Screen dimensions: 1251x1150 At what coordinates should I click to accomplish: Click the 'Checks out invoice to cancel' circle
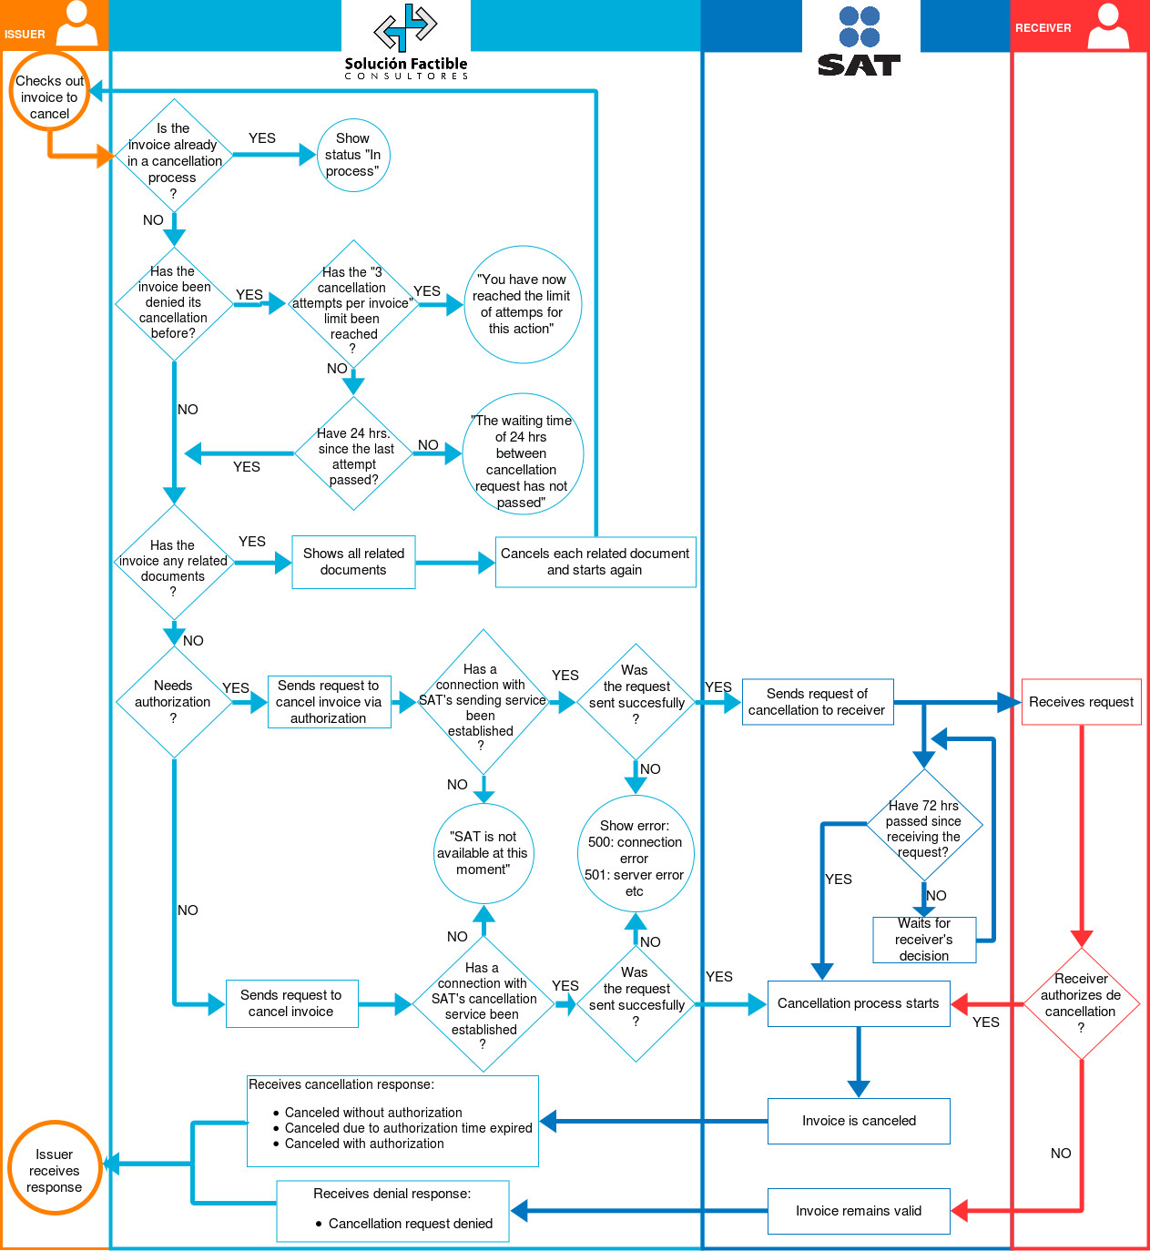click(x=49, y=92)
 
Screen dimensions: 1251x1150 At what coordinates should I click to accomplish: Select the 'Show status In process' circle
click(x=353, y=155)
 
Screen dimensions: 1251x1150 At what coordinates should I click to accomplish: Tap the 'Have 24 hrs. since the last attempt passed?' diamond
click(x=354, y=453)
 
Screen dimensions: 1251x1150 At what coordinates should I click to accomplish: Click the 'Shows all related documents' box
click(x=353, y=562)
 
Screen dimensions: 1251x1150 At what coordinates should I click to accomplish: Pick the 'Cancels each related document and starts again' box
click(x=595, y=562)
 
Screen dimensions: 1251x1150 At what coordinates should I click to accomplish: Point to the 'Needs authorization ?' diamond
click(x=173, y=702)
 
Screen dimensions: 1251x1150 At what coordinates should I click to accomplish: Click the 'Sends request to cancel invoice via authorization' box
click(x=329, y=702)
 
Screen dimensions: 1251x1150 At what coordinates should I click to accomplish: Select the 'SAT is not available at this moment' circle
click(x=483, y=853)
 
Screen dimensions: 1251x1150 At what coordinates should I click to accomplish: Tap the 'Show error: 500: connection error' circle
click(x=636, y=854)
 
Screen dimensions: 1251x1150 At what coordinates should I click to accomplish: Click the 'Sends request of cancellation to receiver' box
click(x=817, y=702)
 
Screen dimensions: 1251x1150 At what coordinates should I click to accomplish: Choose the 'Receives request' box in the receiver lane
click(x=1081, y=702)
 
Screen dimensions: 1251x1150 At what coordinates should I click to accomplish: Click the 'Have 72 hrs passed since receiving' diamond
click(x=923, y=827)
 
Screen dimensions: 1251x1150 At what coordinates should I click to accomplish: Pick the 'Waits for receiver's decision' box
click(x=924, y=940)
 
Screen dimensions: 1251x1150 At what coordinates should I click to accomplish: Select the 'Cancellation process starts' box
click(x=859, y=1003)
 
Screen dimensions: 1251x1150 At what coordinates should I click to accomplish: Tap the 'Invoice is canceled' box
click(x=859, y=1121)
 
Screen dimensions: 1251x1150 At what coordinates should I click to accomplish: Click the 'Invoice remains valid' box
click(x=859, y=1211)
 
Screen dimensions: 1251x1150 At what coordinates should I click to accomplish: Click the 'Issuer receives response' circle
click(x=55, y=1168)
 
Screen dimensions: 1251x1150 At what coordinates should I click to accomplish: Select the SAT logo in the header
click(x=860, y=41)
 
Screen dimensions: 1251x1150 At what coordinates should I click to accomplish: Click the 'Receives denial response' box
click(x=392, y=1211)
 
